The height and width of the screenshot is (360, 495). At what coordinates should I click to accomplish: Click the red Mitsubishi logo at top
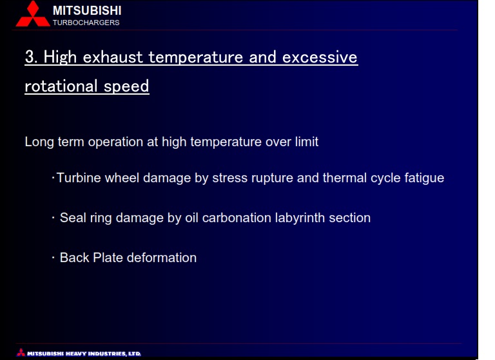(33, 14)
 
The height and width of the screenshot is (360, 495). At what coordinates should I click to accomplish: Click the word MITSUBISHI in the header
(87, 11)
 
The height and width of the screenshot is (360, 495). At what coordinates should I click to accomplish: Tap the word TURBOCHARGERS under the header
(86, 23)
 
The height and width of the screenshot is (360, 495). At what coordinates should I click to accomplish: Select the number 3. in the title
(31, 57)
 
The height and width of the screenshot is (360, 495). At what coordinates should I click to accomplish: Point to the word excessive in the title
(320, 57)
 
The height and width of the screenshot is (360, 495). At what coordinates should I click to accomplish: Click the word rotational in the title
(61, 86)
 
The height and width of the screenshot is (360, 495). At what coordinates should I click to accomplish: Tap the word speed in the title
(126, 87)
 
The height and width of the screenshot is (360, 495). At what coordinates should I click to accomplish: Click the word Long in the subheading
(39, 142)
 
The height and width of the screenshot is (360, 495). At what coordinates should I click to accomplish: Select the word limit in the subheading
(307, 142)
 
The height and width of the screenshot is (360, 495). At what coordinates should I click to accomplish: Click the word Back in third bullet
(75, 258)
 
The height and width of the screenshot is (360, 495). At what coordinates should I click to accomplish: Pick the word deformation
(162, 258)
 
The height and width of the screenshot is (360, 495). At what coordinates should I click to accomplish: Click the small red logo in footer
(21, 352)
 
